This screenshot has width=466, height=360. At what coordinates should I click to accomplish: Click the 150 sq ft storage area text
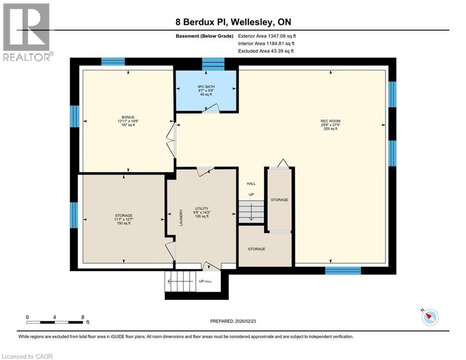point(124,224)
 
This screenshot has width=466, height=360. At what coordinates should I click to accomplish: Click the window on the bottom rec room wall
point(343,270)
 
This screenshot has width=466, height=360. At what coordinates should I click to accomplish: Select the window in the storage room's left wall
point(74,215)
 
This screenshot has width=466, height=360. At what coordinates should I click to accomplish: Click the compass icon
point(429,317)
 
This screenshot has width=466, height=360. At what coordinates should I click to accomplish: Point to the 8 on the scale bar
point(83,317)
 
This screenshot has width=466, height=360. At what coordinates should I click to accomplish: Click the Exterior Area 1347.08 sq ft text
point(267,36)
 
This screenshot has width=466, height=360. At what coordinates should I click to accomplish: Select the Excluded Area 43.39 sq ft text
point(266,51)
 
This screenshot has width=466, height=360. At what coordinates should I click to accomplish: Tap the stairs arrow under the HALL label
point(251,213)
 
